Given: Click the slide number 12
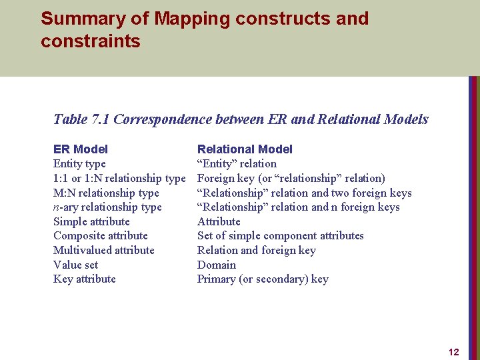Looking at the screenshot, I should pyautogui.click(x=454, y=352).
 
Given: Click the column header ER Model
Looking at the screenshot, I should pyautogui.click(x=81, y=149).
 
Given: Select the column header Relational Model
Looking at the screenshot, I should pyautogui.click(x=245, y=149).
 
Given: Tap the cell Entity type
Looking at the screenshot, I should pyautogui.click(x=79, y=164).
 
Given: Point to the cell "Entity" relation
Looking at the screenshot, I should pyautogui.click(x=237, y=164).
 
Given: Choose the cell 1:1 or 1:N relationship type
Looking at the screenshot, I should pyautogui.click(x=119, y=179).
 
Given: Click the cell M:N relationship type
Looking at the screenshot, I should pyautogui.click(x=106, y=193).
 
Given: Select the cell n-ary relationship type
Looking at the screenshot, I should pyautogui.click(x=107, y=207).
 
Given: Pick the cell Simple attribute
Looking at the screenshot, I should pyautogui.click(x=91, y=222).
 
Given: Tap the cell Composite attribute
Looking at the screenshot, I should pyautogui.click(x=101, y=236).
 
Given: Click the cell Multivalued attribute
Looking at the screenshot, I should pyautogui.click(x=104, y=251).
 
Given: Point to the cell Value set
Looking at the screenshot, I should pyautogui.click(x=75, y=265).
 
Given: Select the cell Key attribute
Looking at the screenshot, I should pyautogui.click(x=85, y=279).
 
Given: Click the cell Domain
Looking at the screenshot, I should pyautogui.click(x=217, y=265).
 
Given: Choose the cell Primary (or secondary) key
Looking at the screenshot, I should pyautogui.click(x=263, y=279).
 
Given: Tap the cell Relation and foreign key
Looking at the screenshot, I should pyautogui.click(x=257, y=251).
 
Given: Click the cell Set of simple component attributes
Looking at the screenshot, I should pyautogui.click(x=281, y=236).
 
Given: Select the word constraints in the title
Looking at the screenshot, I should pyautogui.click(x=91, y=41).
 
